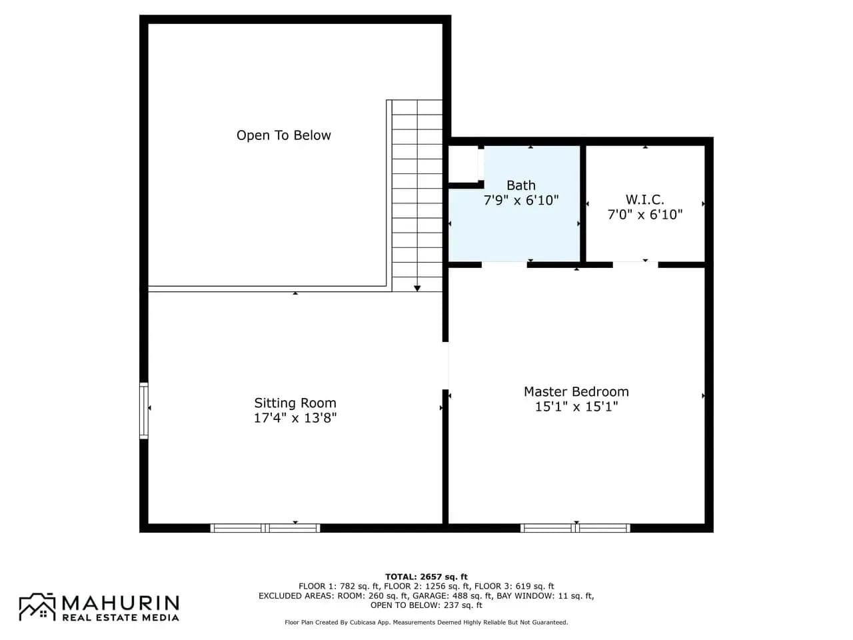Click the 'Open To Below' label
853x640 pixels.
[283, 135]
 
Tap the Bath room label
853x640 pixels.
[520, 185]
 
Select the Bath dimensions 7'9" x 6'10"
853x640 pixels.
[520, 200]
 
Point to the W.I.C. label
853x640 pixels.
[644, 199]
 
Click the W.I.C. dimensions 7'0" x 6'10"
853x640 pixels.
[644, 214]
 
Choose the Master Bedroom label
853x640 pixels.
[576, 391]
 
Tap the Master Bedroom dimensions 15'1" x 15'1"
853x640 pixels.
[576, 407]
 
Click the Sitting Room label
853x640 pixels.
[295, 403]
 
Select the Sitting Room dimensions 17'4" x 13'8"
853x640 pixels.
[295, 418]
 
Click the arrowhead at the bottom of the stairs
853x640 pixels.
[417, 288]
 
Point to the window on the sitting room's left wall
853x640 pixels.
[144, 411]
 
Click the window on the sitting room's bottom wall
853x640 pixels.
[265, 528]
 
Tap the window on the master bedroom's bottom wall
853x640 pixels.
[574, 528]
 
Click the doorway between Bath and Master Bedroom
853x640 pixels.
[504, 265]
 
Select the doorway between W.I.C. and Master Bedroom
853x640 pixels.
[635, 265]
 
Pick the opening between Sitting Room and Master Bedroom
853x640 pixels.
[445, 365]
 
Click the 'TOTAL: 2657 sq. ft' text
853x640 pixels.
[426, 577]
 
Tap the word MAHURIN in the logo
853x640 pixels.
[121, 603]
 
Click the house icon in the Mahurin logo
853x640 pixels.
[37, 607]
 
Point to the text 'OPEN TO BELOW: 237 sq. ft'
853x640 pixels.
[426, 605]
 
